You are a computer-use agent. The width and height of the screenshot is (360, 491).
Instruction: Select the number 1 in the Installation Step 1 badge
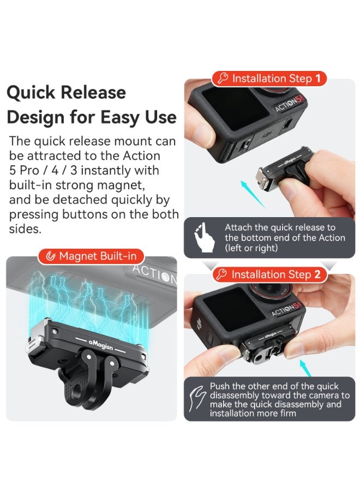(x=318, y=79)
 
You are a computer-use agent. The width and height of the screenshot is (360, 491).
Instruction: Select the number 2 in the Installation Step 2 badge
(x=317, y=274)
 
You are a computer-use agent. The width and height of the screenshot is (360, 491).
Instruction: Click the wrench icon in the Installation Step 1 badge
(x=223, y=79)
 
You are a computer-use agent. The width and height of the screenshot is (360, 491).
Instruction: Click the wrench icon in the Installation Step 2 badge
(x=221, y=274)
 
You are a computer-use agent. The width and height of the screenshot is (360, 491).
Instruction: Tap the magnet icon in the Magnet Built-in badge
(x=50, y=256)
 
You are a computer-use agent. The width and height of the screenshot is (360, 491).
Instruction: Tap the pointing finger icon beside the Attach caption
(x=202, y=237)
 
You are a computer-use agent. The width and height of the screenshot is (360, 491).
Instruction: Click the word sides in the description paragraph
(x=25, y=229)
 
